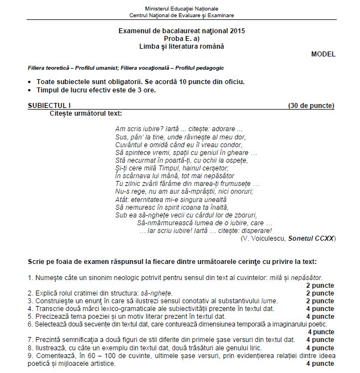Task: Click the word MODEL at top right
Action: tap(323, 54)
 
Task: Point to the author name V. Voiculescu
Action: tap(263, 238)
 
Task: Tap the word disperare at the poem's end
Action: tap(255, 230)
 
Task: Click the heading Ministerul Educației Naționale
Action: tap(181, 9)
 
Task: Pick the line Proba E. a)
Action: tap(181, 39)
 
